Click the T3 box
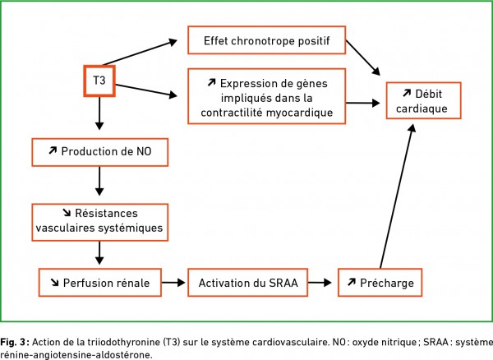[x=99, y=81]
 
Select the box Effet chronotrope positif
[x=266, y=40]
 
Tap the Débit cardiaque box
[x=423, y=100]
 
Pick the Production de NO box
[x=100, y=152]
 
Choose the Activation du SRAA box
[x=248, y=283]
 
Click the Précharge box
[x=380, y=283]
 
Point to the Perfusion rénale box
[x=100, y=283]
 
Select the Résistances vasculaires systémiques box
[x=100, y=223]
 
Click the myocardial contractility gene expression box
[x=266, y=96]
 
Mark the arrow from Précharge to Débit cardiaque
[x=398, y=196]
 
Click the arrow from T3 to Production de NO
[x=99, y=113]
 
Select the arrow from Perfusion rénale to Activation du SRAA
[x=173, y=283]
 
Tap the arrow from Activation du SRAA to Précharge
[x=320, y=283]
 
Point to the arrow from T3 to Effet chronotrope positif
[x=141, y=52]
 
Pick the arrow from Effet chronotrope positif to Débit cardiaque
[x=363, y=58]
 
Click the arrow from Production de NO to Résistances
[x=99, y=181]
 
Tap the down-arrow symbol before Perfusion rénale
[x=55, y=283]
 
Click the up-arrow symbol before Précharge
[x=352, y=282]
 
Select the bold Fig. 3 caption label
[x=15, y=342]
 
